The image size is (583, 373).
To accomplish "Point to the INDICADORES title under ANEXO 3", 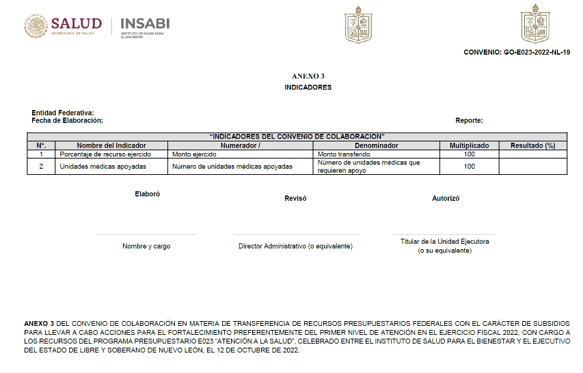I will (x=308, y=87).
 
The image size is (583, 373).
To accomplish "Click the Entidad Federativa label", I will (x=63, y=113).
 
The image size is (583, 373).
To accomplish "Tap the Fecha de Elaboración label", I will (x=67, y=120).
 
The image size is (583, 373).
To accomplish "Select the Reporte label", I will (x=469, y=120).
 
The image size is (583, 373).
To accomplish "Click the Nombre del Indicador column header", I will (x=111, y=146).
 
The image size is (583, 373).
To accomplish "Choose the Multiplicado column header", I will (x=469, y=146).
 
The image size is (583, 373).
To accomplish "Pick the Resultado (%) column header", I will (x=532, y=146).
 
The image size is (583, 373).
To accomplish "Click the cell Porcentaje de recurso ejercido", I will (x=105, y=154).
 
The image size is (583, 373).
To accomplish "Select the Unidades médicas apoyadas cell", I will (x=103, y=167).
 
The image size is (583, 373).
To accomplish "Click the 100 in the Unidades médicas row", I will (x=469, y=167).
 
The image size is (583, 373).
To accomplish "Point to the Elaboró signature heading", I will (x=147, y=194).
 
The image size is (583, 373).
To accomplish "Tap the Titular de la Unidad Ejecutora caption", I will (x=444, y=241).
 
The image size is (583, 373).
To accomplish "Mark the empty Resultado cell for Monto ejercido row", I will (x=532, y=154).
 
